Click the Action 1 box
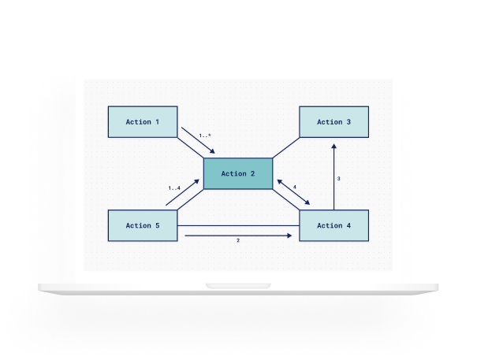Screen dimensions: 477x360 143,122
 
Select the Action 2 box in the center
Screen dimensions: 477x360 238,173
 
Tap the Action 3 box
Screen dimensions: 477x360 334,122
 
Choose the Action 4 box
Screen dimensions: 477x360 334,225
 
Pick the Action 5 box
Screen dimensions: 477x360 143,225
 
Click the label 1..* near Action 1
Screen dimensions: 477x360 205,135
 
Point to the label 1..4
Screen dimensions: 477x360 174,188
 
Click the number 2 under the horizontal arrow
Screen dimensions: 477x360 238,240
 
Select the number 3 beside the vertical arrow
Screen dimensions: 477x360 338,179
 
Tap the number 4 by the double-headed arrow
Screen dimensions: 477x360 294,187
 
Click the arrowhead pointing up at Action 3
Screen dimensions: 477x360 334,147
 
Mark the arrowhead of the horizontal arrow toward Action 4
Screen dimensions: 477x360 289,236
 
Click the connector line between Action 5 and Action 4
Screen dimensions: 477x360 238,225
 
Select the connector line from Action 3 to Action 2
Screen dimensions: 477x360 286,148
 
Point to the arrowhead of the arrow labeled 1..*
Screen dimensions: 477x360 212,151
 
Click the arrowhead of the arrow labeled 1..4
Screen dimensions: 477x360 196,181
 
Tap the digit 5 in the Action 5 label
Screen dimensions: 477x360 158,225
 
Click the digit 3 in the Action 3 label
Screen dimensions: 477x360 348,122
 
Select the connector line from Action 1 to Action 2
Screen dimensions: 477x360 191,148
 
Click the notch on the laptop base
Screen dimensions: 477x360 238,286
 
